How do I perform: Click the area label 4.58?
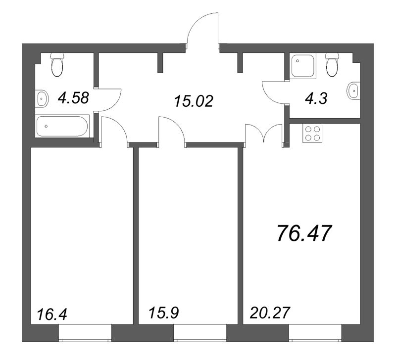(73, 98)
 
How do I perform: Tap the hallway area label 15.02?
(193, 101)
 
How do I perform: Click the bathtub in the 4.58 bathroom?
(62, 126)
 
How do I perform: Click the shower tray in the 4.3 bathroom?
(302, 67)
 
